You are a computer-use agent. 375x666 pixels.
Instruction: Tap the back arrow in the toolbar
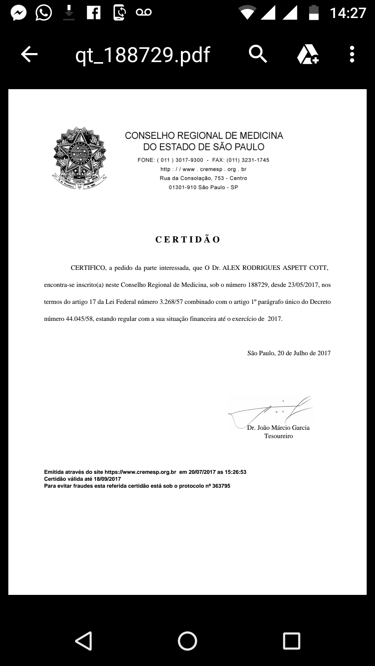[x=29, y=54]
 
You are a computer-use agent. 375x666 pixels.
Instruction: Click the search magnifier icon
[x=258, y=54]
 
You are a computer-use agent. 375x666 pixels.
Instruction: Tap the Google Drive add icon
[x=308, y=54]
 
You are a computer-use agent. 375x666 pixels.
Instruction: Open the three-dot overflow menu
[x=352, y=54]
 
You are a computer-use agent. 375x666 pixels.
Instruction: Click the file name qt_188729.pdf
[x=143, y=55]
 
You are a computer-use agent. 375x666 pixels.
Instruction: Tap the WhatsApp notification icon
[x=44, y=13]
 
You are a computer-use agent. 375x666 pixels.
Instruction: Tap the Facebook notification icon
[x=93, y=13]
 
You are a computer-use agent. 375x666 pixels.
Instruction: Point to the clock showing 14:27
[x=348, y=13]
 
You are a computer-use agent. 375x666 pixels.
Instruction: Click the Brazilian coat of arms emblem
[x=80, y=158]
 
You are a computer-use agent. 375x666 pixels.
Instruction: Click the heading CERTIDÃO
[x=187, y=240]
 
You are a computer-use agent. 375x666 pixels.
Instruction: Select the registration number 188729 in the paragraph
[x=258, y=285]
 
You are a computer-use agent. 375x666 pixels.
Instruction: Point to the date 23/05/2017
[x=303, y=285]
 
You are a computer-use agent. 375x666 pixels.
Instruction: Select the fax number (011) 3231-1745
[x=248, y=160]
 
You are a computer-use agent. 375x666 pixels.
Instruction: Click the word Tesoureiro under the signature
[x=278, y=436]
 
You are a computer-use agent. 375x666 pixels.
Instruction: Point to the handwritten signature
[x=271, y=411]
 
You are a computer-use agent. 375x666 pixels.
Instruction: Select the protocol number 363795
[x=221, y=486]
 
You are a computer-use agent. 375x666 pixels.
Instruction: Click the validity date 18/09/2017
[x=107, y=479]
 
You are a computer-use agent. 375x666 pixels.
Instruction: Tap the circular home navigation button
[x=187, y=641]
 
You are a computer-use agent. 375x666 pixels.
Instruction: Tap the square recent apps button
[x=292, y=641]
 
